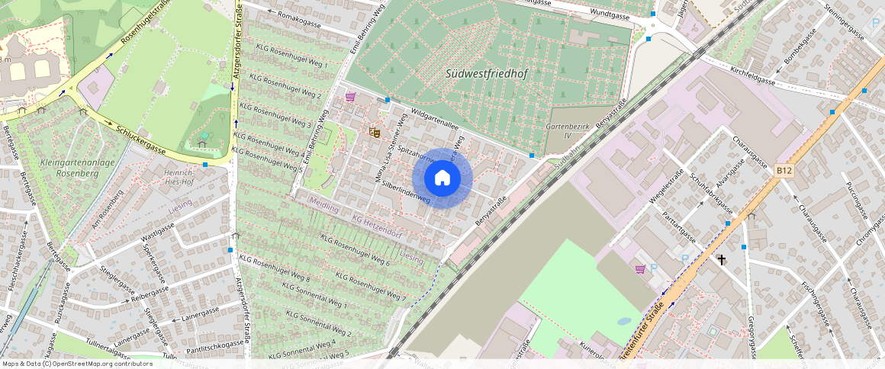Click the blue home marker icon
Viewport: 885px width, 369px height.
point(443,178)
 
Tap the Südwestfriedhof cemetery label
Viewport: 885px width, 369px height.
point(486,73)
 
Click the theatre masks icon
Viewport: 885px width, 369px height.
point(374,132)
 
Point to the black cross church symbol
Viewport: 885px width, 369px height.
point(722,259)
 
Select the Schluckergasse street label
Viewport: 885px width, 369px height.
point(143,139)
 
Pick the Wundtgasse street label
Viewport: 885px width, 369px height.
point(610,15)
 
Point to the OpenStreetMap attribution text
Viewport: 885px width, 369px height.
point(76,364)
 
